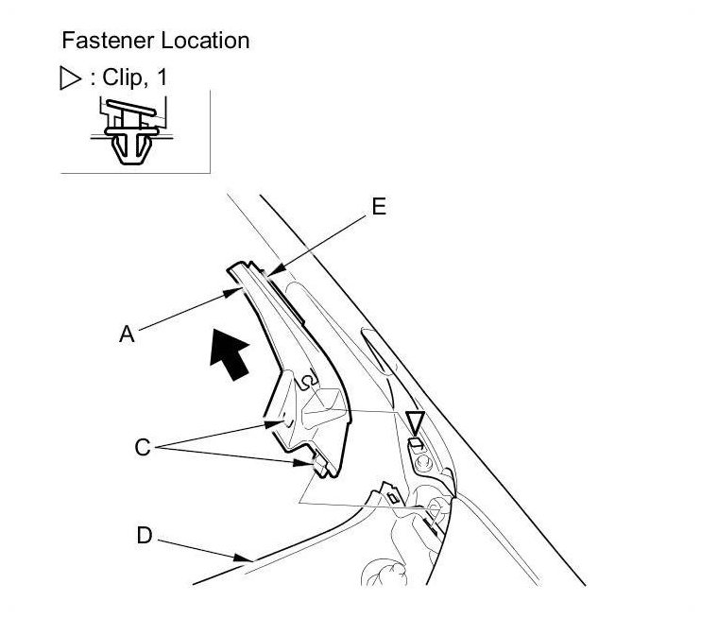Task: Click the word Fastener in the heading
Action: coord(99,41)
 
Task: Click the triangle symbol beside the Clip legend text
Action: coord(69,78)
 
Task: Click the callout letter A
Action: coord(127,333)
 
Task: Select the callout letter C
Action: coord(142,447)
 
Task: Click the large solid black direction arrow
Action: coord(231,357)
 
